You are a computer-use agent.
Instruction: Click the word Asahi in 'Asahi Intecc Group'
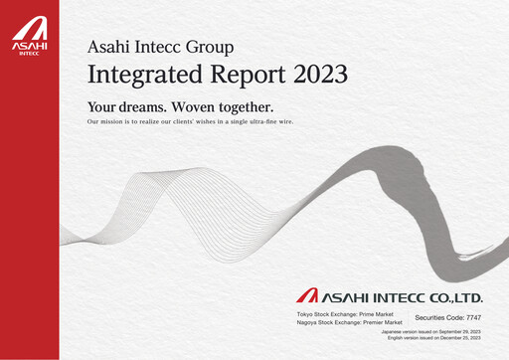click(x=106, y=46)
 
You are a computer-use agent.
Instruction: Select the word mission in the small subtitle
click(x=122, y=121)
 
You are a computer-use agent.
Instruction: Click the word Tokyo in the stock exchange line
click(x=306, y=314)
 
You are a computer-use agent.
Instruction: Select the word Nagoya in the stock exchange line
click(x=308, y=322)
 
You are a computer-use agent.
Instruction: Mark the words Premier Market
click(x=381, y=322)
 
